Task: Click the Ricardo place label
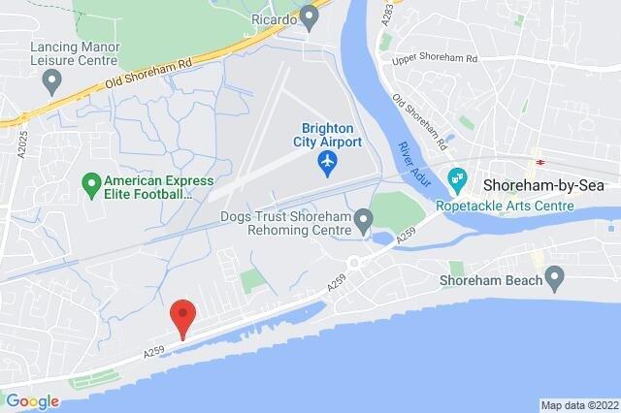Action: pyautogui.click(x=273, y=17)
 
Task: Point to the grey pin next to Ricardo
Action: pyautogui.click(x=310, y=16)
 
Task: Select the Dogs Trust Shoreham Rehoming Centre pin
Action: pyautogui.click(x=363, y=224)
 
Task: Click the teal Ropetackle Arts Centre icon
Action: pyautogui.click(x=457, y=179)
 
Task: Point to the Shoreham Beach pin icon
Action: pyautogui.click(x=554, y=281)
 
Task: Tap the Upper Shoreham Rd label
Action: pyautogui.click(x=436, y=60)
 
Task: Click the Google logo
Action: pyautogui.click(x=32, y=400)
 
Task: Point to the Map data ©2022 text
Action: pyautogui.click(x=578, y=404)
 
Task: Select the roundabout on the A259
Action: pyautogui.click(x=355, y=261)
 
